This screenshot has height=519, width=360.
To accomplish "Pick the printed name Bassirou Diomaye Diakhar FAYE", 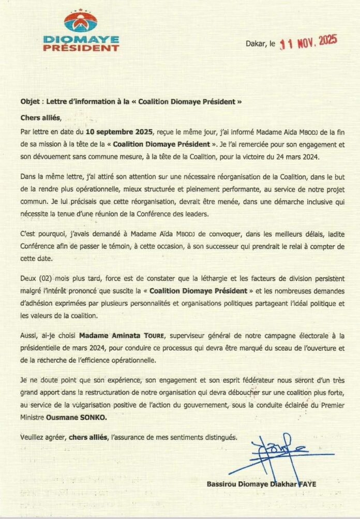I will coord(262,484).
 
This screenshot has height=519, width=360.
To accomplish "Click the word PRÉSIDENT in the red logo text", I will coord(81,48).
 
